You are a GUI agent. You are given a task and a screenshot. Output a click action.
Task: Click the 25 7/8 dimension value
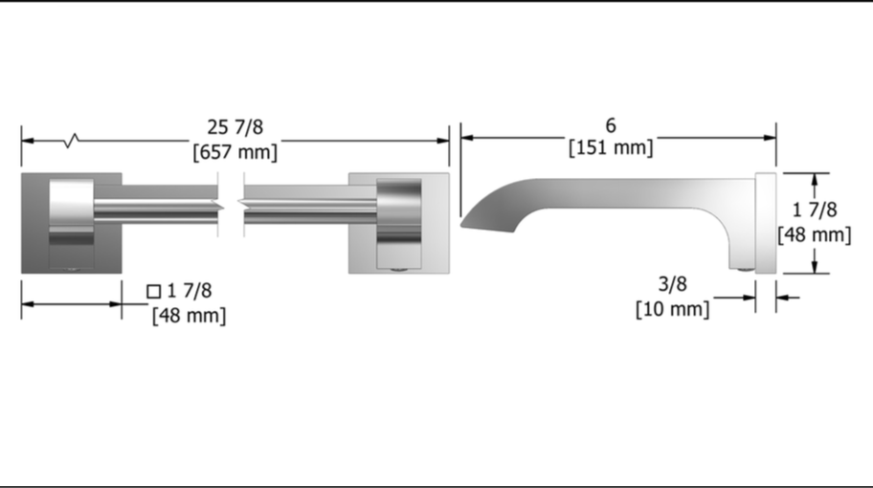pyautogui.click(x=235, y=127)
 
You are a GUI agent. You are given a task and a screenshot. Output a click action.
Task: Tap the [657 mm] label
pyautogui.click(x=235, y=152)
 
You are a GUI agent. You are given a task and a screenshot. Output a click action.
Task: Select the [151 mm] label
pyautogui.click(x=611, y=148)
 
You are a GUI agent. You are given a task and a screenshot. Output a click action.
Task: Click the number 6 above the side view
pyautogui.click(x=611, y=125)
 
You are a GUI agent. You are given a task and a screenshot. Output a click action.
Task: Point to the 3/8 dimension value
pyautogui.click(x=673, y=284)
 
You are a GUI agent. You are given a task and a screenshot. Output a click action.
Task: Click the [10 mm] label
pyautogui.click(x=673, y=309)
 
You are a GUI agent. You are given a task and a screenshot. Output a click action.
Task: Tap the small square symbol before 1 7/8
pyautogui.click(x=154, y=292)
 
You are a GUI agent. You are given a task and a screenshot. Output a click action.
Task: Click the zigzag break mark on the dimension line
pyautogui.click(x=71, y=141)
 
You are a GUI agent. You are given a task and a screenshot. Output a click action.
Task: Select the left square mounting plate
pyautogui.click(x=71, y=223)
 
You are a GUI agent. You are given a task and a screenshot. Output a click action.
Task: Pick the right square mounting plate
pyautogui.click(x=398, y=223)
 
